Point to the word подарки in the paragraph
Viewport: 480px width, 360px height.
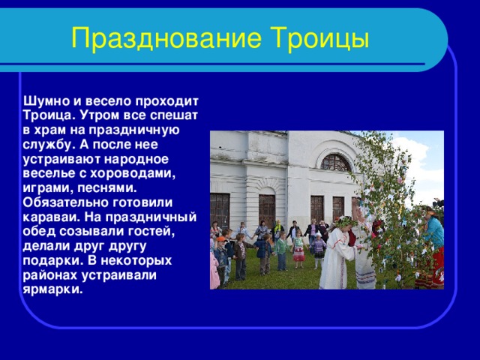[49, 261]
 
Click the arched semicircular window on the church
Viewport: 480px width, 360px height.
[335, 162]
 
